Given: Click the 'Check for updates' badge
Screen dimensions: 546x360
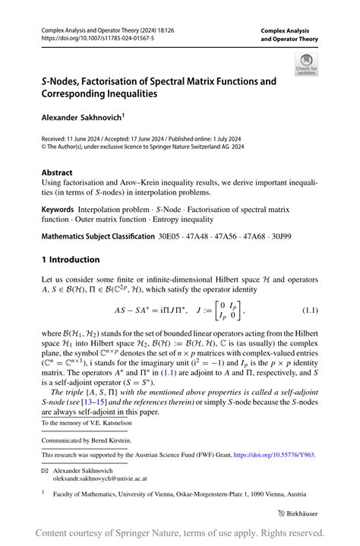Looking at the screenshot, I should point(306,65).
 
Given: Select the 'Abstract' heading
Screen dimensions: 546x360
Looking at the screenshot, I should point(58,172).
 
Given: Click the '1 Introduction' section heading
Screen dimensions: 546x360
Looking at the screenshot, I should point(70,260).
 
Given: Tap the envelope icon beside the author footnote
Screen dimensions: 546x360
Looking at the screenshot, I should point(45,471).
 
